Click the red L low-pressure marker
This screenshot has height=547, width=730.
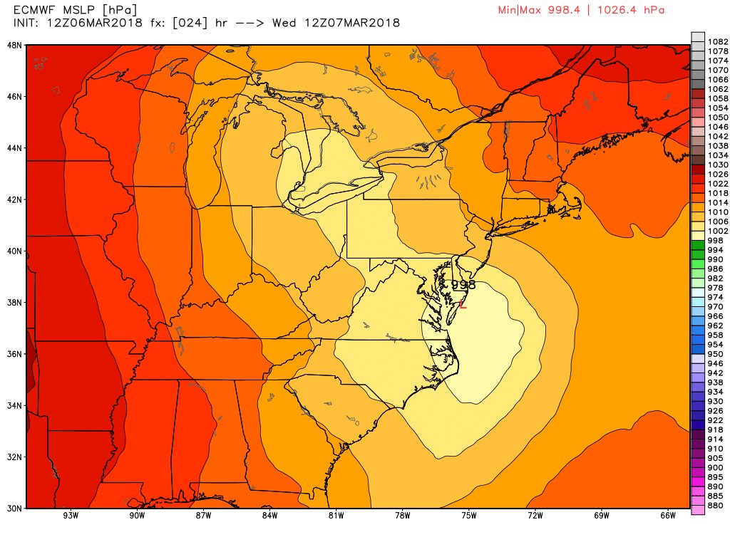pos(463,305)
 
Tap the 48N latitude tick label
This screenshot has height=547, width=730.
pos(14,45)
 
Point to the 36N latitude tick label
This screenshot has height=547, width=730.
pos(14,354)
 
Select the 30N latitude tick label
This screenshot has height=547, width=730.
pos(14,508)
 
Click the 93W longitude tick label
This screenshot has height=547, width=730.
pos(70,516)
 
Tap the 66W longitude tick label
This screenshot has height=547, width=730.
pos(668,516)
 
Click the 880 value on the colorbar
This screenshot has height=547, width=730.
pos(716,506)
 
